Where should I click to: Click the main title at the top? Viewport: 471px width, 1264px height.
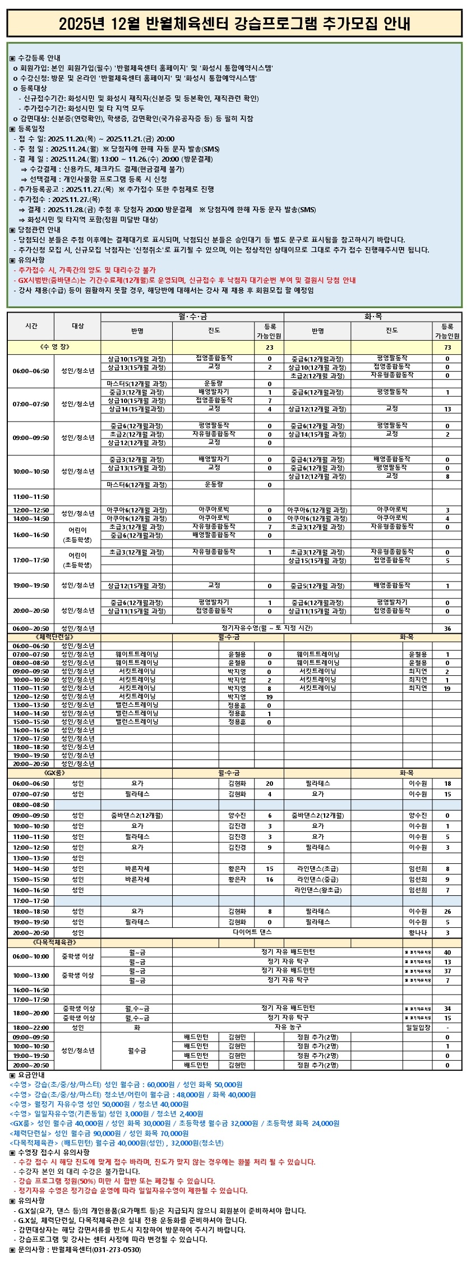(235, 24)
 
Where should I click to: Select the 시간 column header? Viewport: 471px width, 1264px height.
(31, 326)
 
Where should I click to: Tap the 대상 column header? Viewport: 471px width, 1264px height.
(78, 326)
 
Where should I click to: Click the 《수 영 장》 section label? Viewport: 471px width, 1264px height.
(54, 347)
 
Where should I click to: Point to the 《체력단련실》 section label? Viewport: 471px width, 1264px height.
(54, 637)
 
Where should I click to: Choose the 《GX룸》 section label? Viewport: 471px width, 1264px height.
(54, 773)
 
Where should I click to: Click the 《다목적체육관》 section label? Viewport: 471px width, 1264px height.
(54, 942)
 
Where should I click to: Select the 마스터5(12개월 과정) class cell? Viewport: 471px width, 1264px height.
(137, 384)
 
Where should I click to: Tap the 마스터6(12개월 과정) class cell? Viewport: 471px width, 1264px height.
(137, 484)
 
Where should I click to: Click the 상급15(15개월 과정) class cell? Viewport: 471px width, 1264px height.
(317, 560)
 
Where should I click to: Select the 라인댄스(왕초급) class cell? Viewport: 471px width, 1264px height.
(317, 890)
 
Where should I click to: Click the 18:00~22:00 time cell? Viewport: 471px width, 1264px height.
(31, 1027)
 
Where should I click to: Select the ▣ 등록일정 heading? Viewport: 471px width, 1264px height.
(27, 129)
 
